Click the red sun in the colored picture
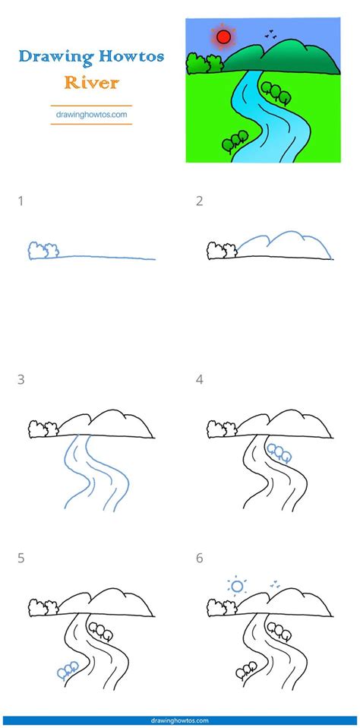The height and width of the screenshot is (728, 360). click(x=223, y=36)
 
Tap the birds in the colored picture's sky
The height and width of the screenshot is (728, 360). click(x=270, y=33)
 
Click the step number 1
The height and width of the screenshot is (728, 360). click(x=21, y=201)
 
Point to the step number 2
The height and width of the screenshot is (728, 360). click(x=200, y=201)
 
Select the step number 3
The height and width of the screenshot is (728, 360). click(x=21, y=378)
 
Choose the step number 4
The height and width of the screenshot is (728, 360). click(x=200, y=378)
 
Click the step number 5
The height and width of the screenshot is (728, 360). click(x=21, y=558)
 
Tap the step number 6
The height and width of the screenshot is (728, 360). click(x=200, y=558)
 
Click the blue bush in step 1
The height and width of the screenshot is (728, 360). click(x=43, y=249)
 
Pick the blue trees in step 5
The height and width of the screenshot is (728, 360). click(x=67, y=668)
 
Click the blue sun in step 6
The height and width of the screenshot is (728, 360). click(x=237, y=586)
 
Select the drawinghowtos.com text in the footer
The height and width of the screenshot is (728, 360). click(x=180, y=720)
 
